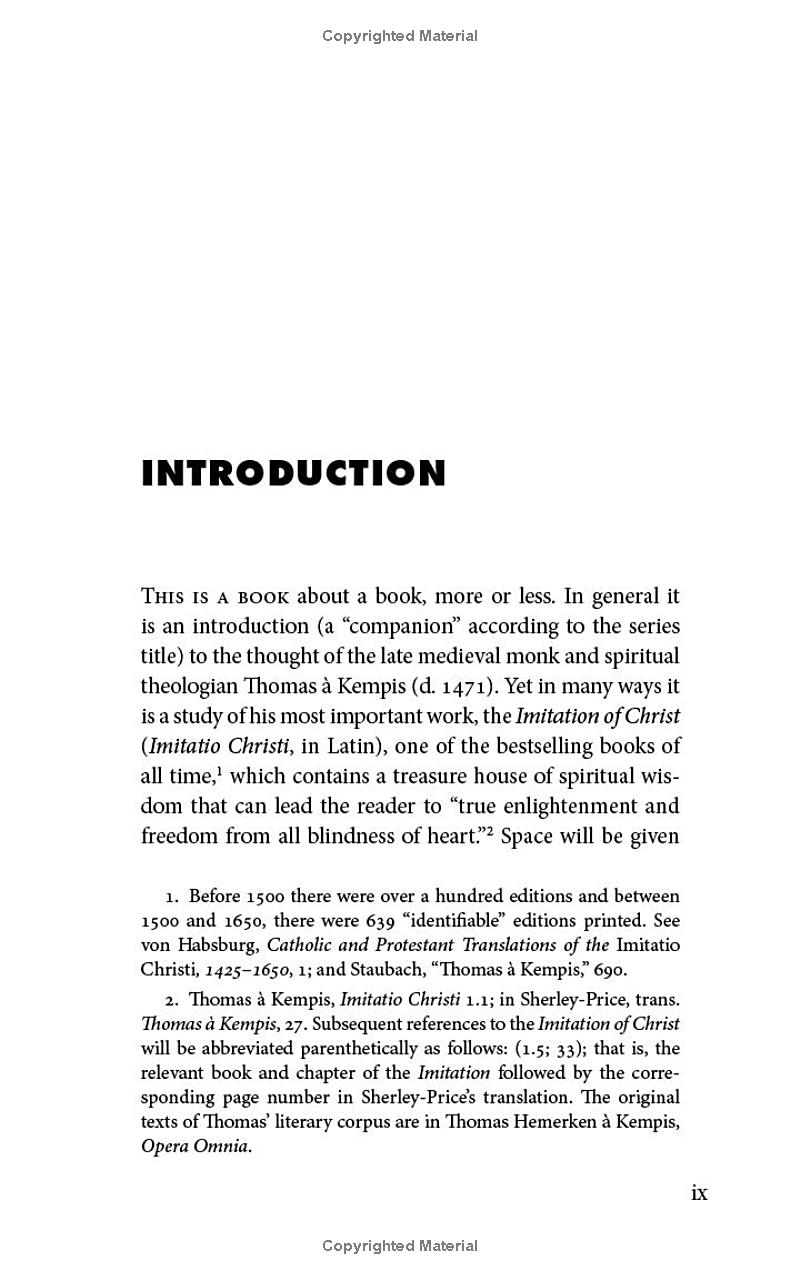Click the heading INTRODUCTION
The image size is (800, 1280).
293,474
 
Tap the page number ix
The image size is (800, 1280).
699,1192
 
